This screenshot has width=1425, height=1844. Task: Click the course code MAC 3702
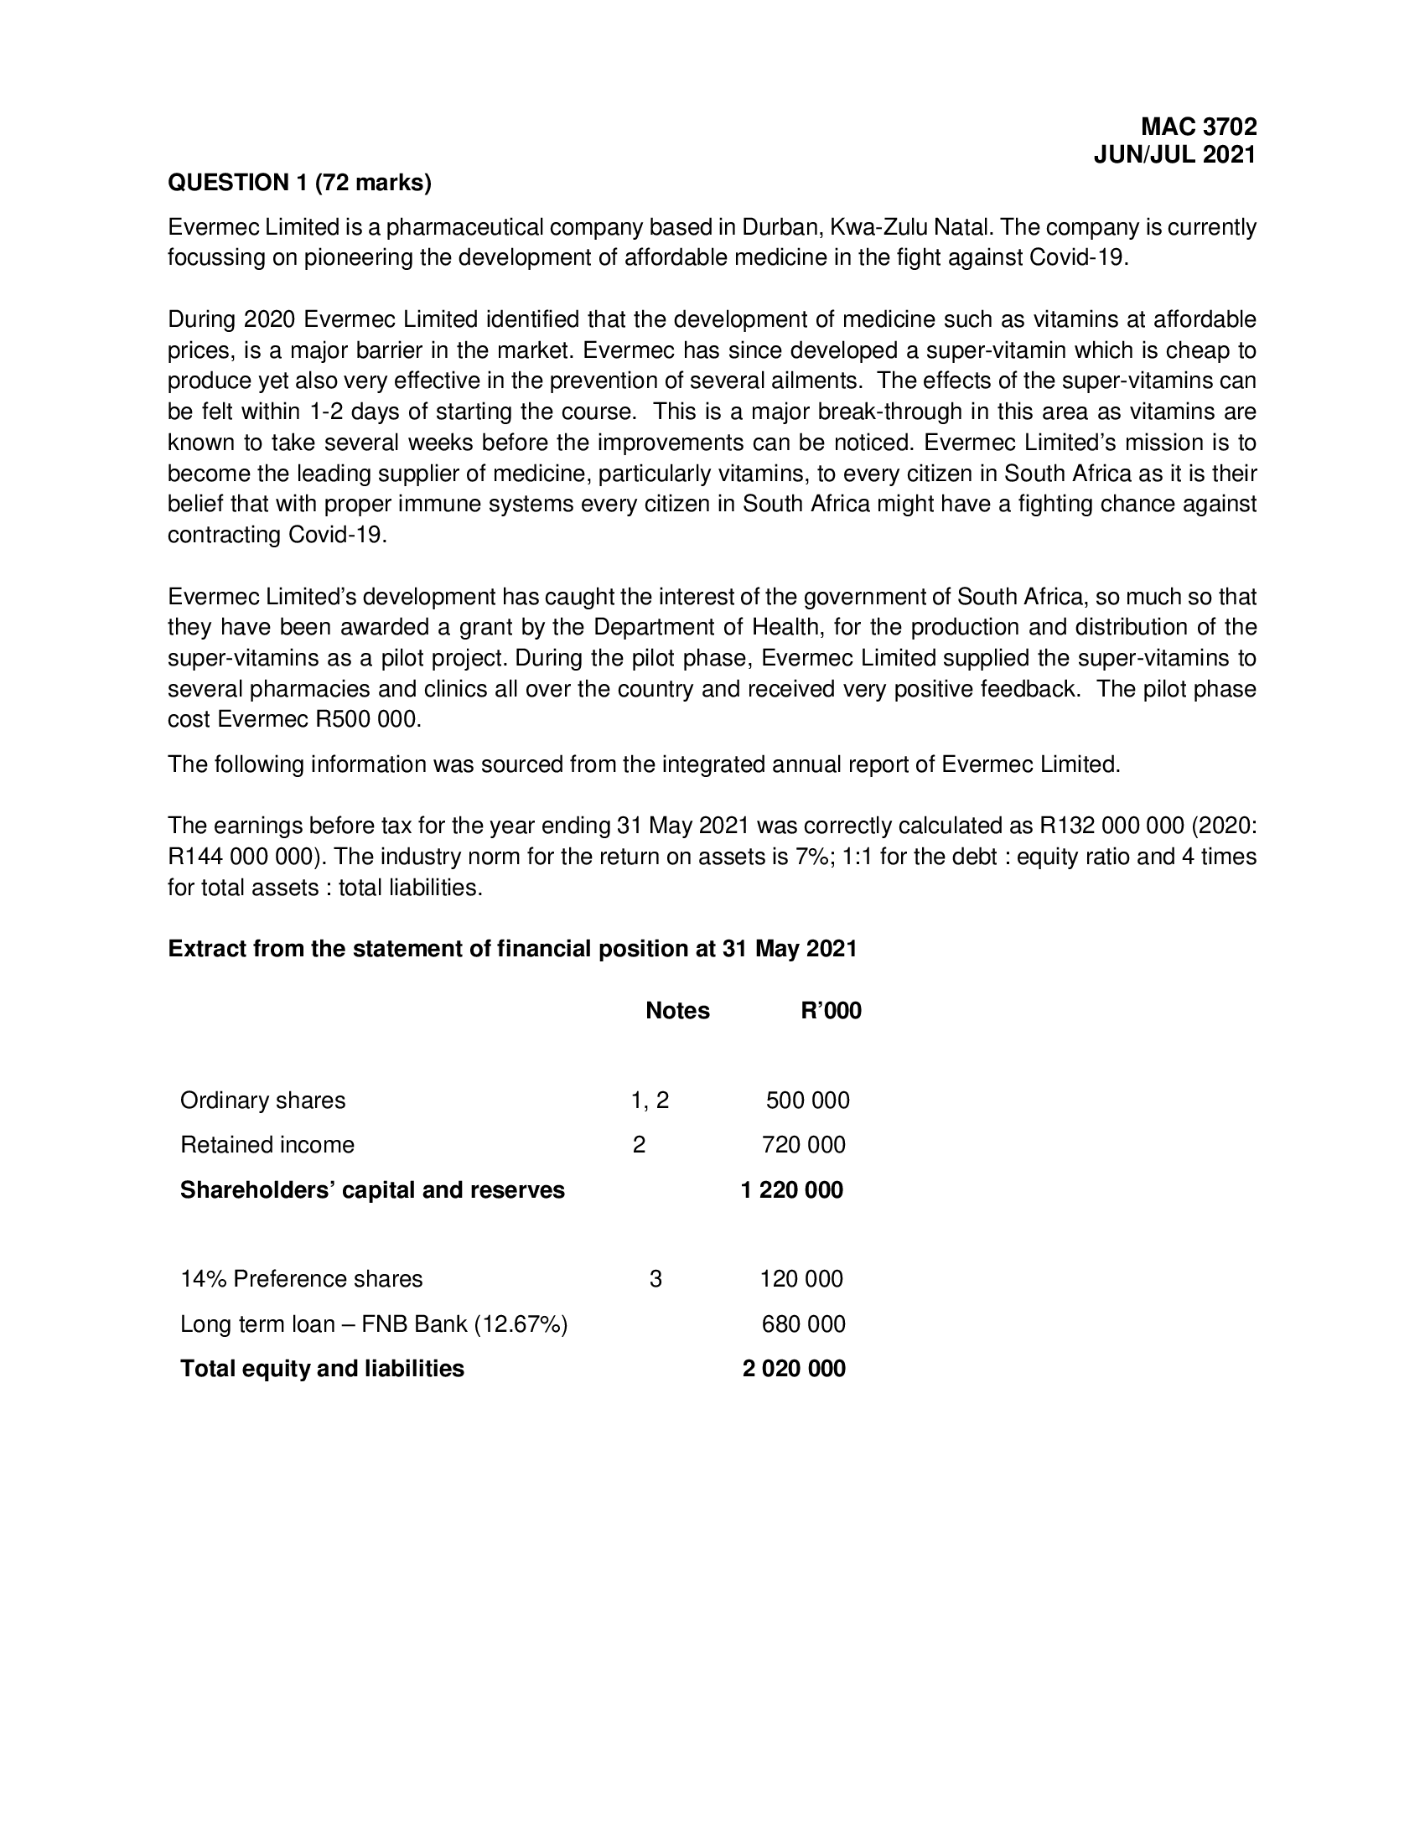pos(1198,127)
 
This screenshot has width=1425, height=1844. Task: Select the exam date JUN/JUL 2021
pos(1174,155)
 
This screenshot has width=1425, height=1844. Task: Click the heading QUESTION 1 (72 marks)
pos(300,183)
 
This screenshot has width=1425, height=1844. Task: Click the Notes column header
pos(677,1011)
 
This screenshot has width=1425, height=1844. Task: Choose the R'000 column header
pos(831,1011)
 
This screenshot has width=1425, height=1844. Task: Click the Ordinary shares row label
pos(262,1101)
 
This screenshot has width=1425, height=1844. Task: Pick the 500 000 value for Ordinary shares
pos(807,1101)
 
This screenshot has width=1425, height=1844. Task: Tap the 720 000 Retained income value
pos(803,1145)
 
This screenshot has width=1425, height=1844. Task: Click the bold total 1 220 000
pos(791,1190)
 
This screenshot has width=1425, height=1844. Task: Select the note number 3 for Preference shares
pos(655,1279)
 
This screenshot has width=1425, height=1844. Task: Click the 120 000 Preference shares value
pos(801,1279)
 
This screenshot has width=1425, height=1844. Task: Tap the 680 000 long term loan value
pos(803,1323)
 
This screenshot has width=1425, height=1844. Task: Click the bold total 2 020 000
pos(794,1369)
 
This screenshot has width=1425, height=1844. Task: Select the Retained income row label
pos(267,1145)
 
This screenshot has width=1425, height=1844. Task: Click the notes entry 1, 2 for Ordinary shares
pos(649,1101)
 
